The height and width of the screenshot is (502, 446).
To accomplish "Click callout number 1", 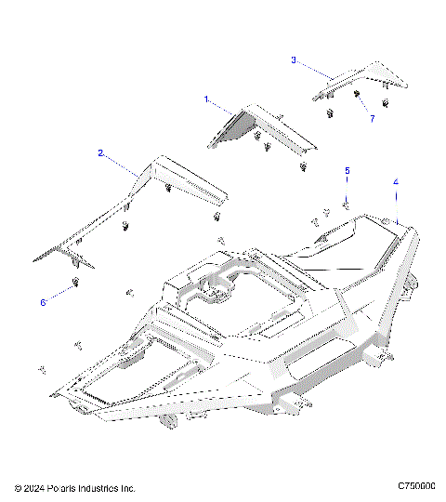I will pos(206,98).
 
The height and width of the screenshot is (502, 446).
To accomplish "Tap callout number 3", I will pos(294,60).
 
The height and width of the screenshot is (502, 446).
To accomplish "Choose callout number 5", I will pos(348,171).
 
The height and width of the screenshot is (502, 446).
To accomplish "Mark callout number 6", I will pos(43,303).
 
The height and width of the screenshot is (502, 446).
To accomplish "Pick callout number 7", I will pos(372,119).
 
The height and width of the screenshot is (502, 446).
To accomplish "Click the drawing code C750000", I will pos(416,486).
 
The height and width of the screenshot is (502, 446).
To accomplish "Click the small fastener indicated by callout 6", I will pos(75,283).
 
